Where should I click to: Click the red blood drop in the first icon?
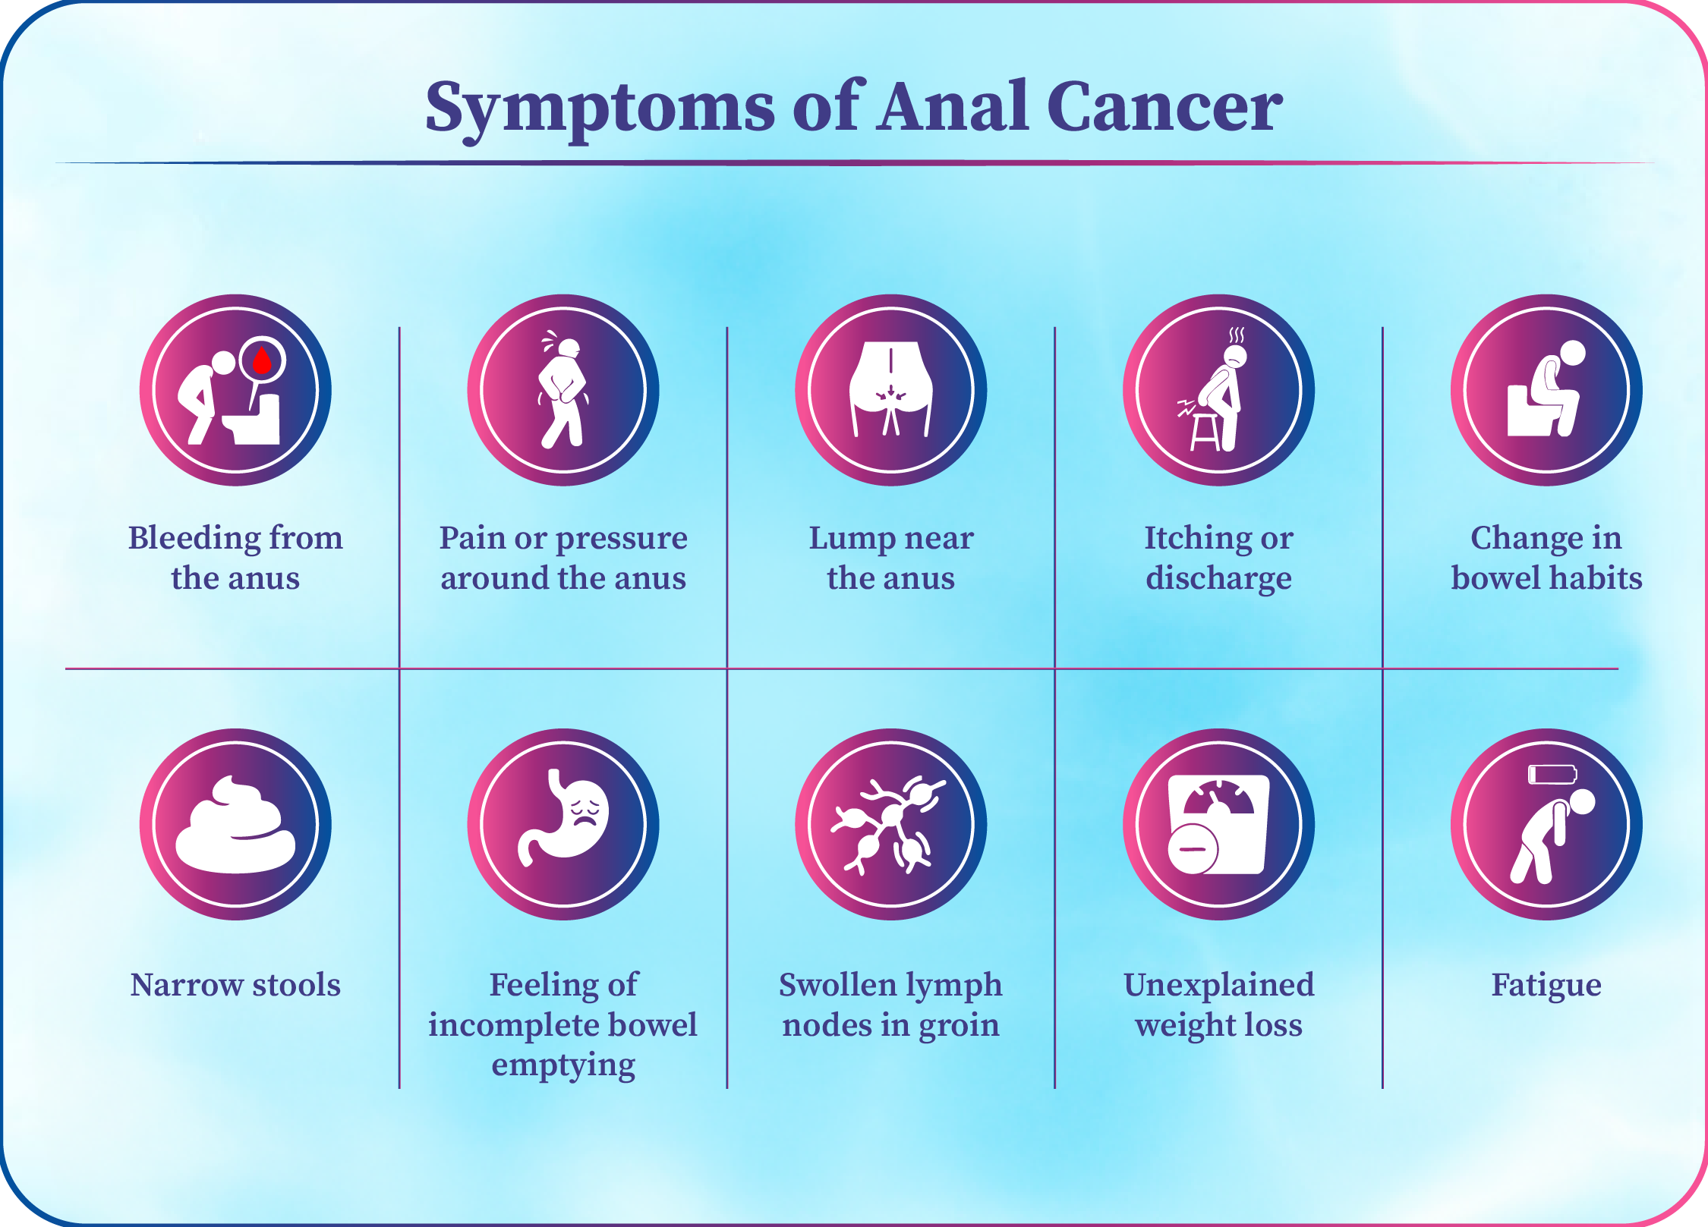coord(262,360)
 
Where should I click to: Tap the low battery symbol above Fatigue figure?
coord(1552,774)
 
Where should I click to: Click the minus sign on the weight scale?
coord(1193,849)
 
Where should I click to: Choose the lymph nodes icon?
coord(890,825)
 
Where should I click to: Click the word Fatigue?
coord(1546,986)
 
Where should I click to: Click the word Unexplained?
coord(1218,986)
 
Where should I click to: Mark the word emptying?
coord(563,1066)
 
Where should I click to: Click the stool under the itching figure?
coord(1205,431)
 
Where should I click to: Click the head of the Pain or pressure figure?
coord(569,349)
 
